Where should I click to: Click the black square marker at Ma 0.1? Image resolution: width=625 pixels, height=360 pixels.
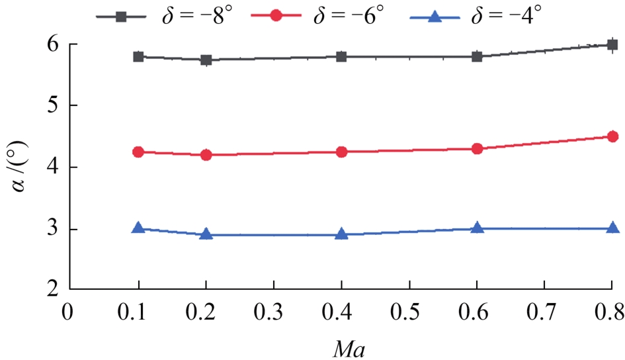[138, 57]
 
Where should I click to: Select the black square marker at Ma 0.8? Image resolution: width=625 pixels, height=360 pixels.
[612, 44]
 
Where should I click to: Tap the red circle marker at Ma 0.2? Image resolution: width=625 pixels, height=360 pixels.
[206, 155]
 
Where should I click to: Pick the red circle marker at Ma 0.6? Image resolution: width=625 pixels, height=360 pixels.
[477, 149]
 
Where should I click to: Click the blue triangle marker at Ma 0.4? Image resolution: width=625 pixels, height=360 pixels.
[341, 234]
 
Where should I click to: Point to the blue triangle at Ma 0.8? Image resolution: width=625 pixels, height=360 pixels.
[612, 228]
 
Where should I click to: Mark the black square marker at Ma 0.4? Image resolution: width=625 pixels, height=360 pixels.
[341, 57]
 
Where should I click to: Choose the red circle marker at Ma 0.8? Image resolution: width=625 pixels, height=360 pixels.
[612, 136]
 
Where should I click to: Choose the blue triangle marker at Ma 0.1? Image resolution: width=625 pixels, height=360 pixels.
[138, 228]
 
